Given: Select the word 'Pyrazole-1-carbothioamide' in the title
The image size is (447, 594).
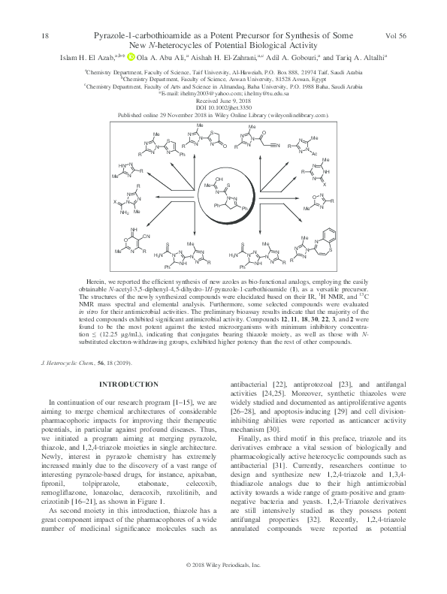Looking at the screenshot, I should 137,36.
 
